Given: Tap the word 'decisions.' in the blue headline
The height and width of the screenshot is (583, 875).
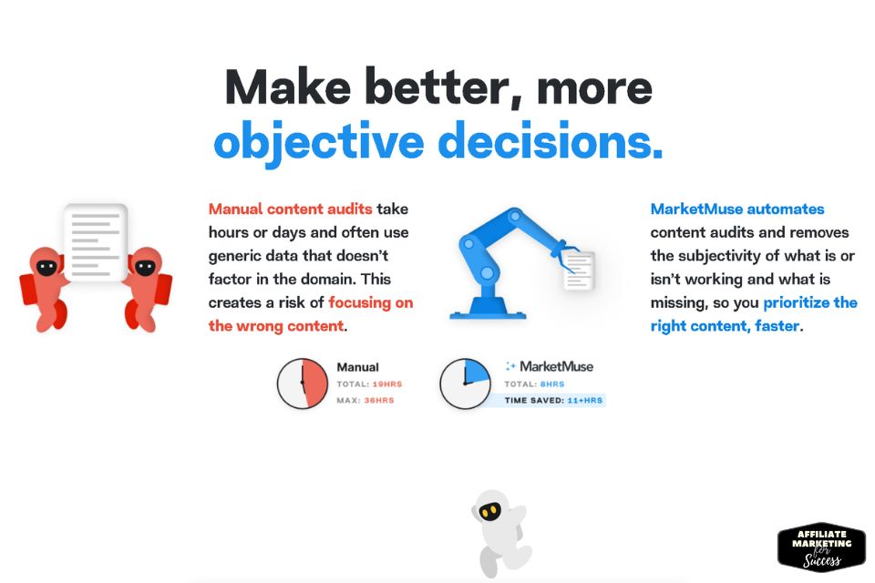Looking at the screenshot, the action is [x=551, y=140].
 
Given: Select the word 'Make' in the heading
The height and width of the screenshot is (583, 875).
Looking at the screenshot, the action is [x=288, y=87].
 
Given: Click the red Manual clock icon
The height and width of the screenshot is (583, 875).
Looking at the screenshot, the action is [x=303, y=384].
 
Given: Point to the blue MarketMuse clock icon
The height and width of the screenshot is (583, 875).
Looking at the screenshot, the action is [x=466, y=384].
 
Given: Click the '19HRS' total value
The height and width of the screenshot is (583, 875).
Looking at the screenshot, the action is [x=386, y=384].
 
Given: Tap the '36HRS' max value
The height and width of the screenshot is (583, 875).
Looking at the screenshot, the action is [x=379, y=400].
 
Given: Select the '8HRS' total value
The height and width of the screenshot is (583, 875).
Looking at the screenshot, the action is [x=552, y=384].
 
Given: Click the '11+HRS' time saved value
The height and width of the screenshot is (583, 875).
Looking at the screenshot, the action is [x=585, y=400].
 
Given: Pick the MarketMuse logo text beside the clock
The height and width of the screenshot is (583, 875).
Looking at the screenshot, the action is [x=549, y=366].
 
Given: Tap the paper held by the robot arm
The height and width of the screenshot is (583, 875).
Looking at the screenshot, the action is [x=578, y=270].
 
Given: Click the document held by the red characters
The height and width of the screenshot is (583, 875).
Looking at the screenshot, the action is [x=96, y=242].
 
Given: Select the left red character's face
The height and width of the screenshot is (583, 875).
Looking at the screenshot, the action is [x=46, y=267].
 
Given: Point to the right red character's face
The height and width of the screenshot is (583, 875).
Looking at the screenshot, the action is [x=145, y=267].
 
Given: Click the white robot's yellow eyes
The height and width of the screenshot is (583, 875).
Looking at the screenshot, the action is [x=490, y=511].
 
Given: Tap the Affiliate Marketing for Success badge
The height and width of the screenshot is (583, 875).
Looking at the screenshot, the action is [x=821, y=547].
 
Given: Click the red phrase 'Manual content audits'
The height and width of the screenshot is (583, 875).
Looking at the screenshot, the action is [x=290, y=210].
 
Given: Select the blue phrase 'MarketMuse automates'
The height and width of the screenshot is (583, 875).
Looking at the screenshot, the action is [x=737, y=210].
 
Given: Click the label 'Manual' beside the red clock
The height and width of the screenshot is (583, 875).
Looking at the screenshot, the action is [x=357, y=367].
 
